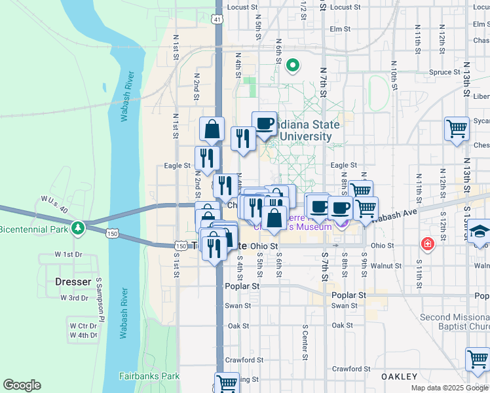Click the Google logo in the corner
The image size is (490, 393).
click(x=22, y=385)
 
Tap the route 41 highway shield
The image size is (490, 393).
click(x=217, y=20)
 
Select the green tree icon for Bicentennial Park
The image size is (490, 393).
click(x=79, y=228)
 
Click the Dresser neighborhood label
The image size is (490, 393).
click(x=73, y=282)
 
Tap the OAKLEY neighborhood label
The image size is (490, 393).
click(x=400, y=377)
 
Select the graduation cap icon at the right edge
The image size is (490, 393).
click(x=480, y=231)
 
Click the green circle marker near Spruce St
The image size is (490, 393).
click(x=293, y=65)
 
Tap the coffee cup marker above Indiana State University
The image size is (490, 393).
click(x=265, y=123)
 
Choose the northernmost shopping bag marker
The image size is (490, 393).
click(x=212, y=129)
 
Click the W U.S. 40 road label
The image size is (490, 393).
click(x=54, y=203)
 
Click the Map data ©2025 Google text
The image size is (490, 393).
click(x=449, y=388)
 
